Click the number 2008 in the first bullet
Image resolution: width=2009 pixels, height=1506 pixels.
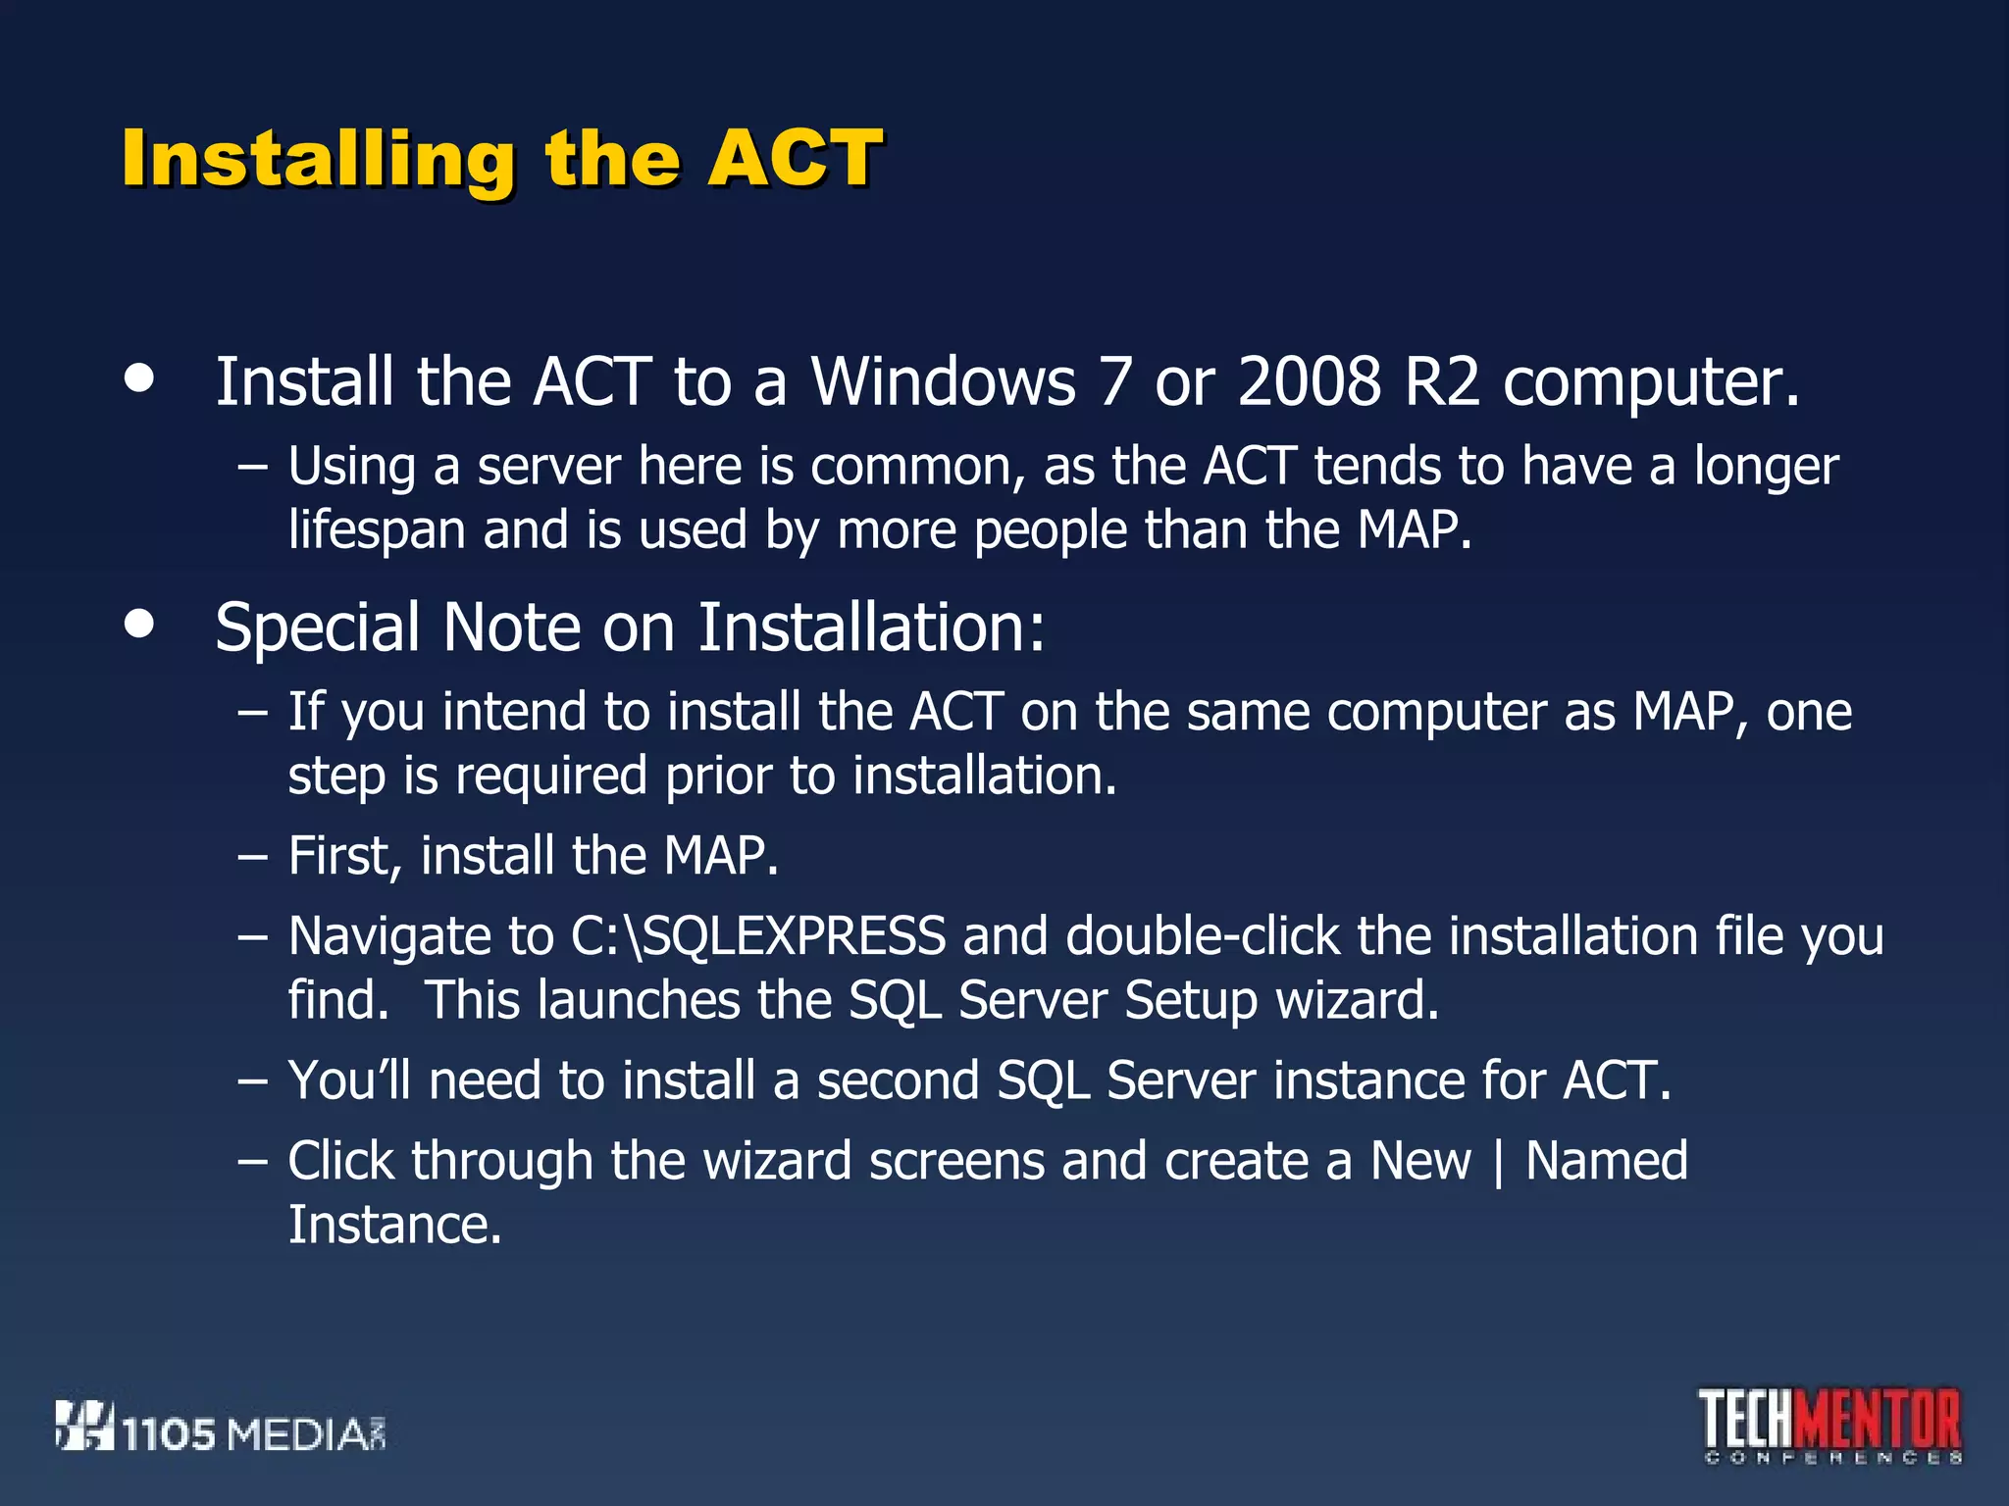click(1309, 382)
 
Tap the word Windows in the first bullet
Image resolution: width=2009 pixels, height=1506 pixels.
click(943, 382)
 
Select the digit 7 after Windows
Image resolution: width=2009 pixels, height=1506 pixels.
click(1114, 382)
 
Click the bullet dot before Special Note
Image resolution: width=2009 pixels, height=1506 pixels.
click(140, 624)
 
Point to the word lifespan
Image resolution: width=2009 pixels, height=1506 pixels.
click(376, 531)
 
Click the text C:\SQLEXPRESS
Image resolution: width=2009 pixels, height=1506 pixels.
click(758, 937)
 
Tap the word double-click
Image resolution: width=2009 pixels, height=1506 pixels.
click(1203, 937)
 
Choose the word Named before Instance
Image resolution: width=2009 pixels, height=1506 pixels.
click(1607, 1162)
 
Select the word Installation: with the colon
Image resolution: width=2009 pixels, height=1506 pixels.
click(871, 628)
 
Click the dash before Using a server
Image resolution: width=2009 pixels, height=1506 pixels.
click(252, 468)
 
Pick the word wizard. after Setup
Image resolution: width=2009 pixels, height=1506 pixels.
click(1357, 1001)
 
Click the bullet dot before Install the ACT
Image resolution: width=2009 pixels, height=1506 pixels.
click(140, 378)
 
